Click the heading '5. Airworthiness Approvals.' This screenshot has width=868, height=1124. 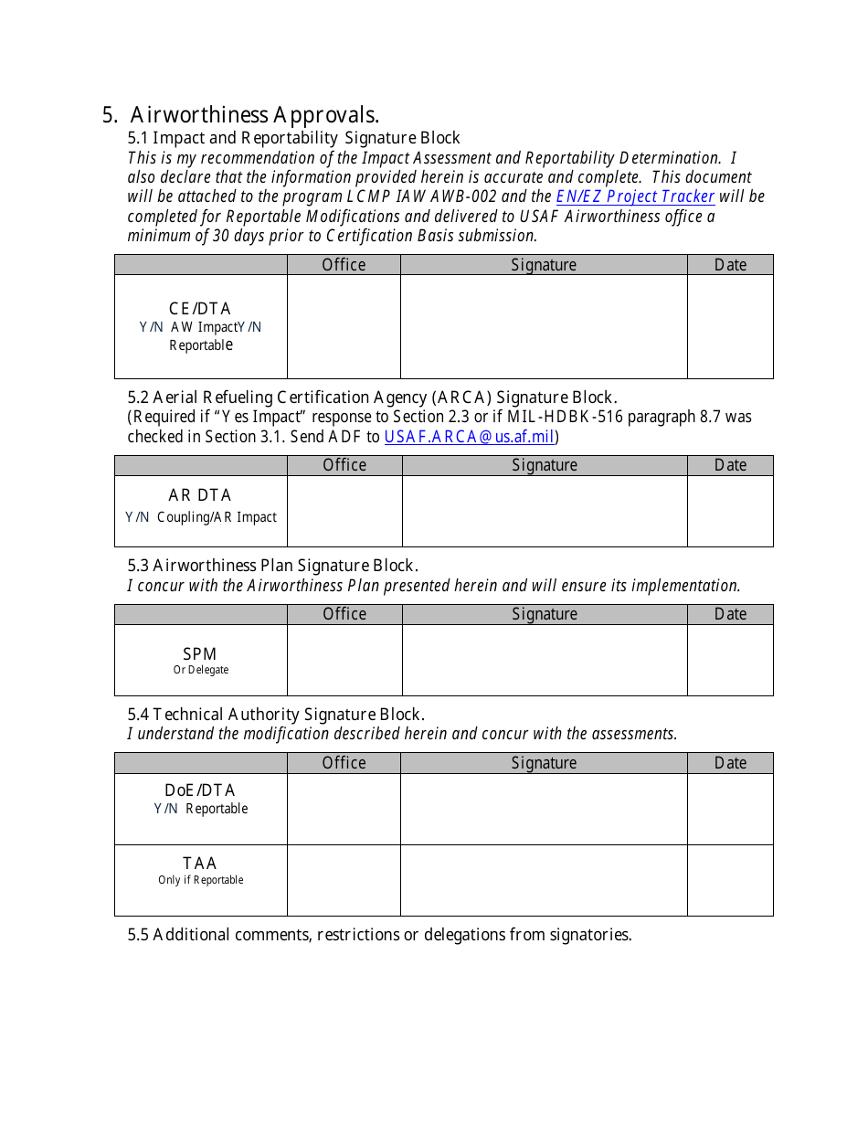(240, 115)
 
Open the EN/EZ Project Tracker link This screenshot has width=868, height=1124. (635, 196)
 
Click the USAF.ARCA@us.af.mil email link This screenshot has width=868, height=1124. (470, 437)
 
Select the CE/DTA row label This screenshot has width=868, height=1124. (200, 309)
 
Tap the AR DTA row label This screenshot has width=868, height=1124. (200, 495)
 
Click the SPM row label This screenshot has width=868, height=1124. (200, 654)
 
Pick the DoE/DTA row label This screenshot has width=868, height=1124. (200, 790)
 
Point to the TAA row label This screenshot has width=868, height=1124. (200, 864)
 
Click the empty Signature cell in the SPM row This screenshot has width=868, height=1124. (545, 660)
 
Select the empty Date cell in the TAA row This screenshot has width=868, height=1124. (730, 880)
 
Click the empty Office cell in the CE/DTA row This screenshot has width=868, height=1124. (344, 326)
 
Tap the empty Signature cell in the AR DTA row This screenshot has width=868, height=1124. (545, 511)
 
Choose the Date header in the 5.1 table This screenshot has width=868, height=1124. (730, 265)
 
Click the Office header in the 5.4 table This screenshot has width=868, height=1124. (344, 763)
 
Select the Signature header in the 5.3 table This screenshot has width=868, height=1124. (545, 614)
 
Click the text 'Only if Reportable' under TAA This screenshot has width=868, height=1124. (200, 880)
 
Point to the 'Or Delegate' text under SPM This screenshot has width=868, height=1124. (200, 670)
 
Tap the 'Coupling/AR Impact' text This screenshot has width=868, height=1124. (217, 517)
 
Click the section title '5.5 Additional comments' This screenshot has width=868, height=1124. (379, 935)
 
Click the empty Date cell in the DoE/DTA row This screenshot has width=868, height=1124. (730, 809)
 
